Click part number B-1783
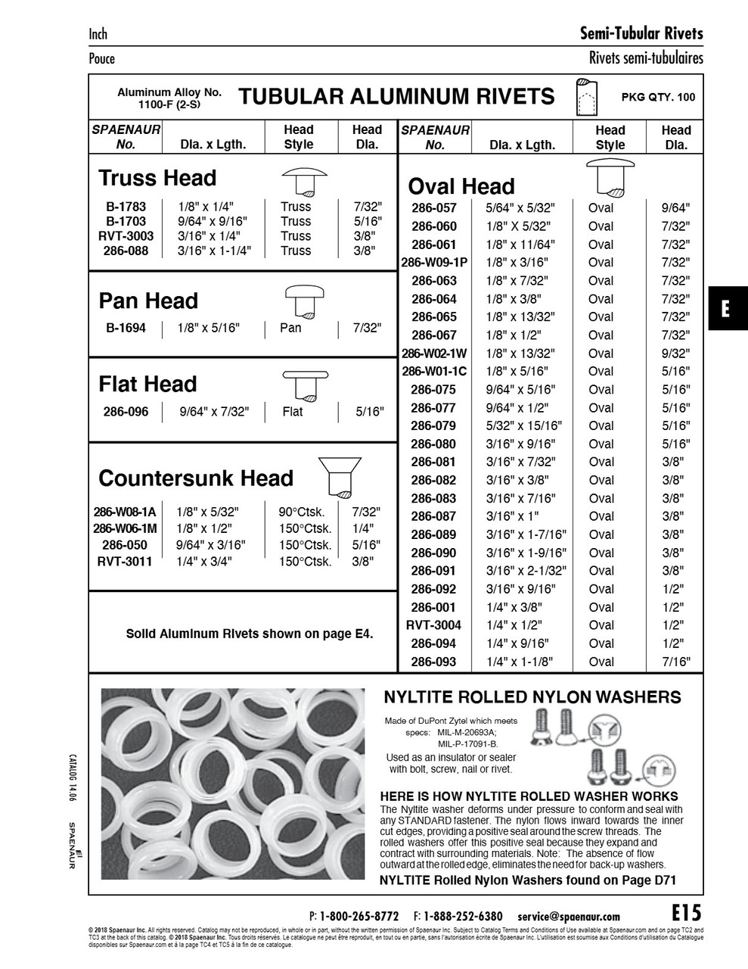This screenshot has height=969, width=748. tap(126, 207)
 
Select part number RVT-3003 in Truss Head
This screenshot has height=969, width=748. tap(126, 236)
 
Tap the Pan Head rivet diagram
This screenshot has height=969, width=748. tap(304, 301)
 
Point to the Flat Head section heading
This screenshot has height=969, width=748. tap(147, 385)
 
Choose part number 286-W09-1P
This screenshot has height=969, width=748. tap(434, 263)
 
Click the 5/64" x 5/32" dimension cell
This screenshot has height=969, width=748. tap(520, 208)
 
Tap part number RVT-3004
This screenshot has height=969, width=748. tap(433, 625)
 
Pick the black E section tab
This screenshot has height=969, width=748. tap(727, 309)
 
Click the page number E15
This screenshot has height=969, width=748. tap(686, 912)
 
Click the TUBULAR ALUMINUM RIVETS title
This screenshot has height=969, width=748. tap(396, 97)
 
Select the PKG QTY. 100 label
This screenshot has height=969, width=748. tap(657, 97)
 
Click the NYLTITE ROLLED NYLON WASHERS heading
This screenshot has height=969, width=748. tap(532, 697)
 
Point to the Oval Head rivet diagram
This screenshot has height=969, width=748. tap(610, 179)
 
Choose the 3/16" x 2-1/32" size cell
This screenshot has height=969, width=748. tap(526, 571)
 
